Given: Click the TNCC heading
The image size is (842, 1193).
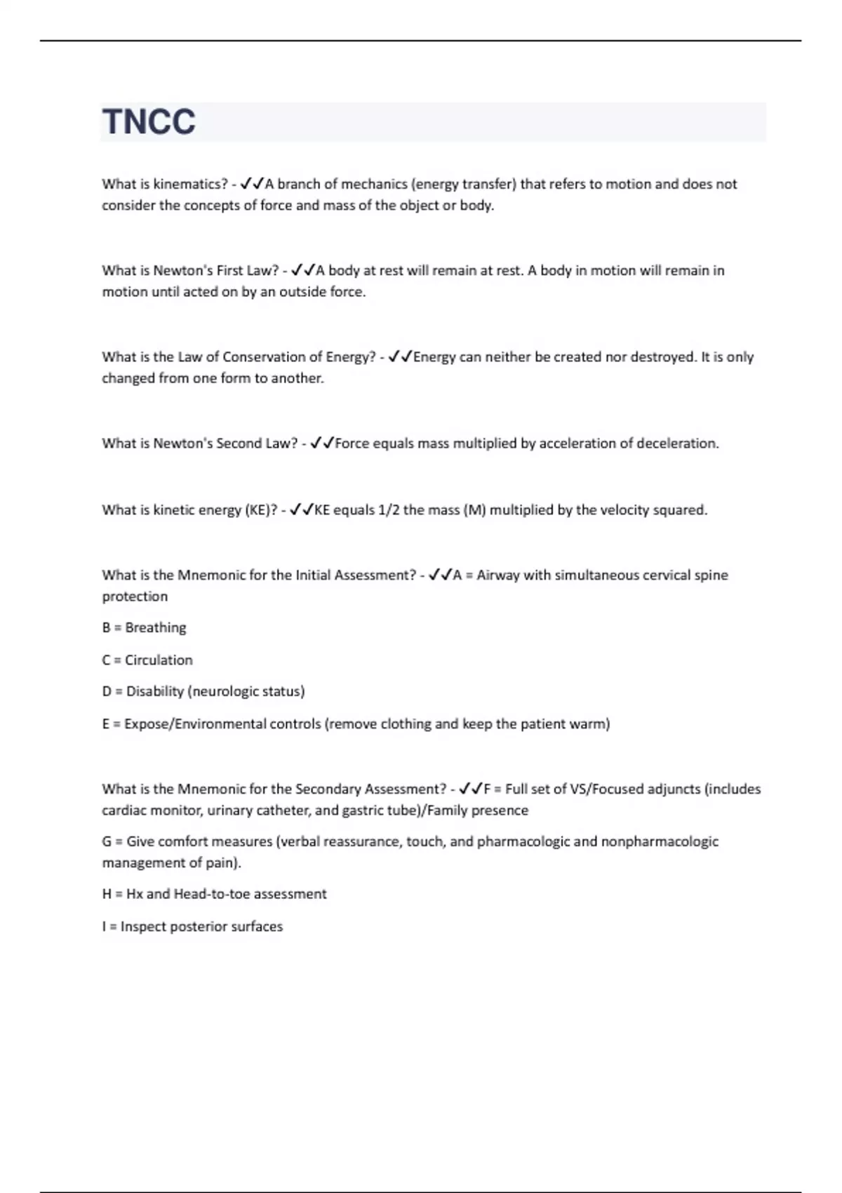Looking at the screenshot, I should [x=149, y=121].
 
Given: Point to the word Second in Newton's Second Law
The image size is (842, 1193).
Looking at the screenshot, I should [x=239, y=444].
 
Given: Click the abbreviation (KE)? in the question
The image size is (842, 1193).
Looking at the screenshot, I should [x=260, y=509].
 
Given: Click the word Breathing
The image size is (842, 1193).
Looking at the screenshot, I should [x=155, y=627].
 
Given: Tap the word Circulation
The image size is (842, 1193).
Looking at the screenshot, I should [x=159, y=660].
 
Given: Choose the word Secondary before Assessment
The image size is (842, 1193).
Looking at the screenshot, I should [x=328, y=789].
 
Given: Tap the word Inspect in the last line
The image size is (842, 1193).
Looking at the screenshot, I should [x=142, y=926].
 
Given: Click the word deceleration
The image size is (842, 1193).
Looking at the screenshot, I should [x=677, y=444].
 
